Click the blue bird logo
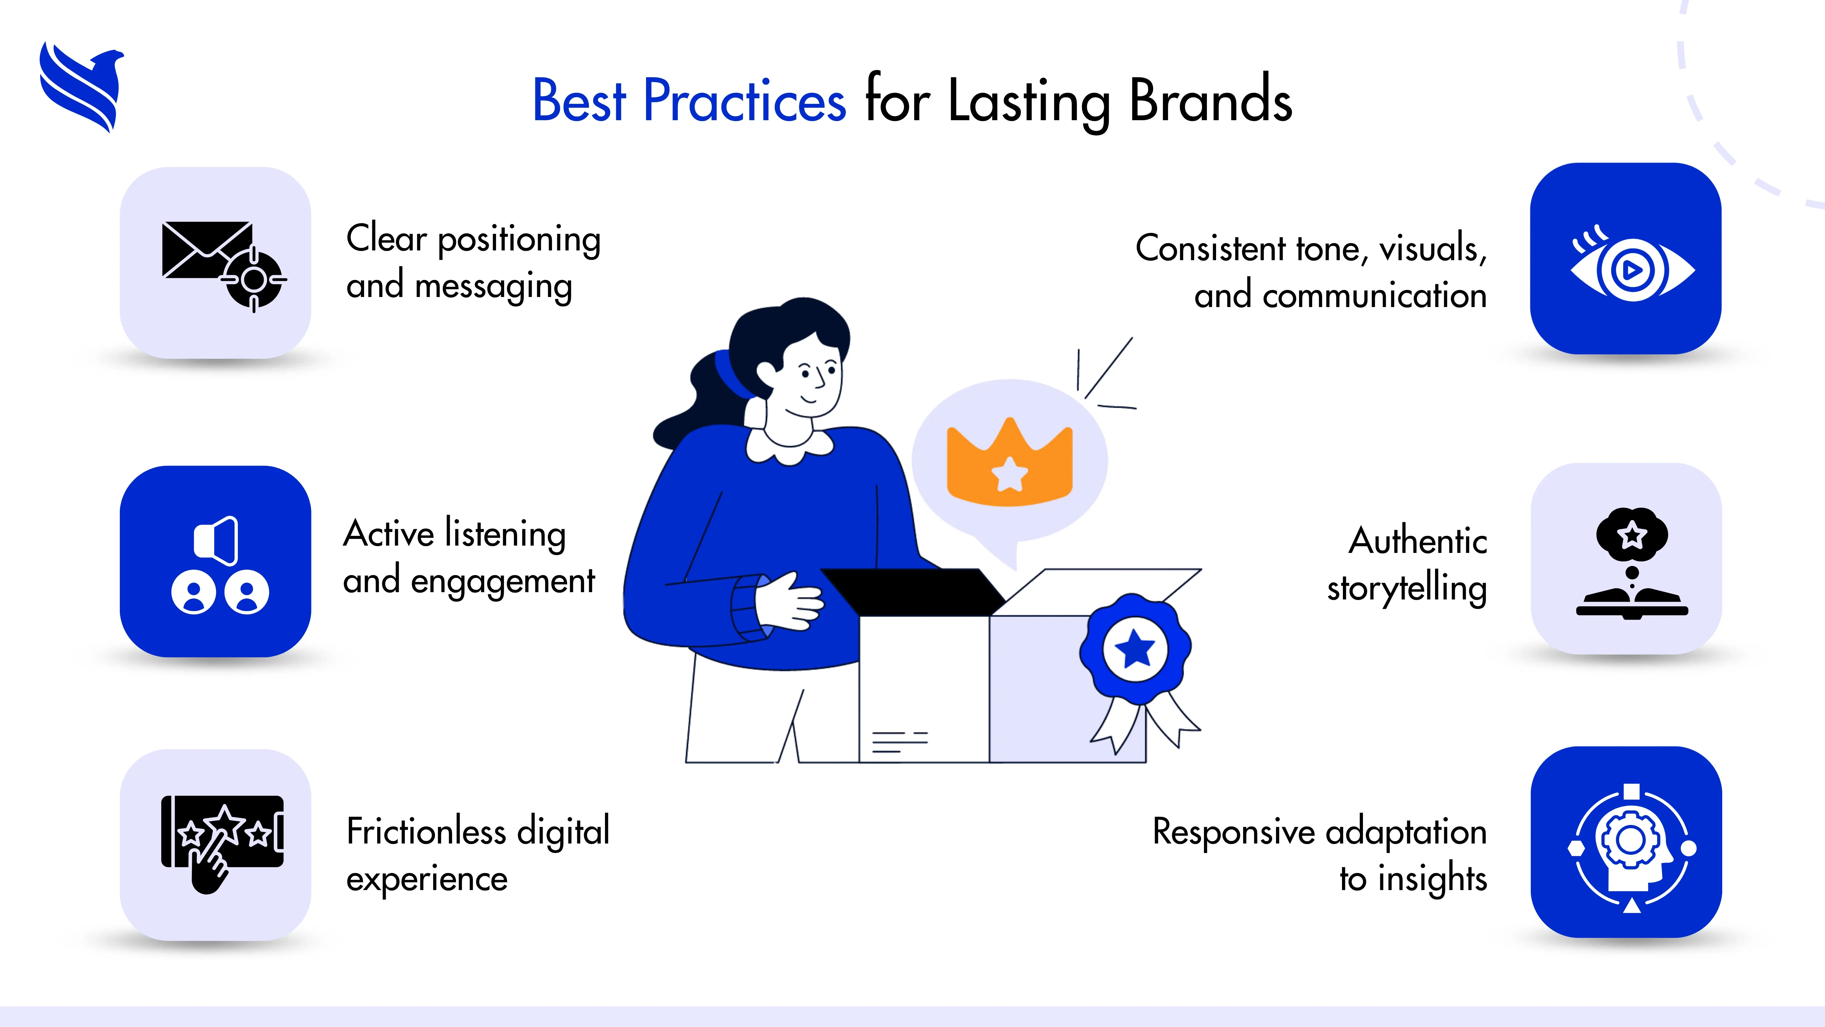tap(82, 86)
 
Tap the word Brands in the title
tap(1210, 101)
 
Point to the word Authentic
tap(1417, 541)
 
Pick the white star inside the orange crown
tap(1010, 473)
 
